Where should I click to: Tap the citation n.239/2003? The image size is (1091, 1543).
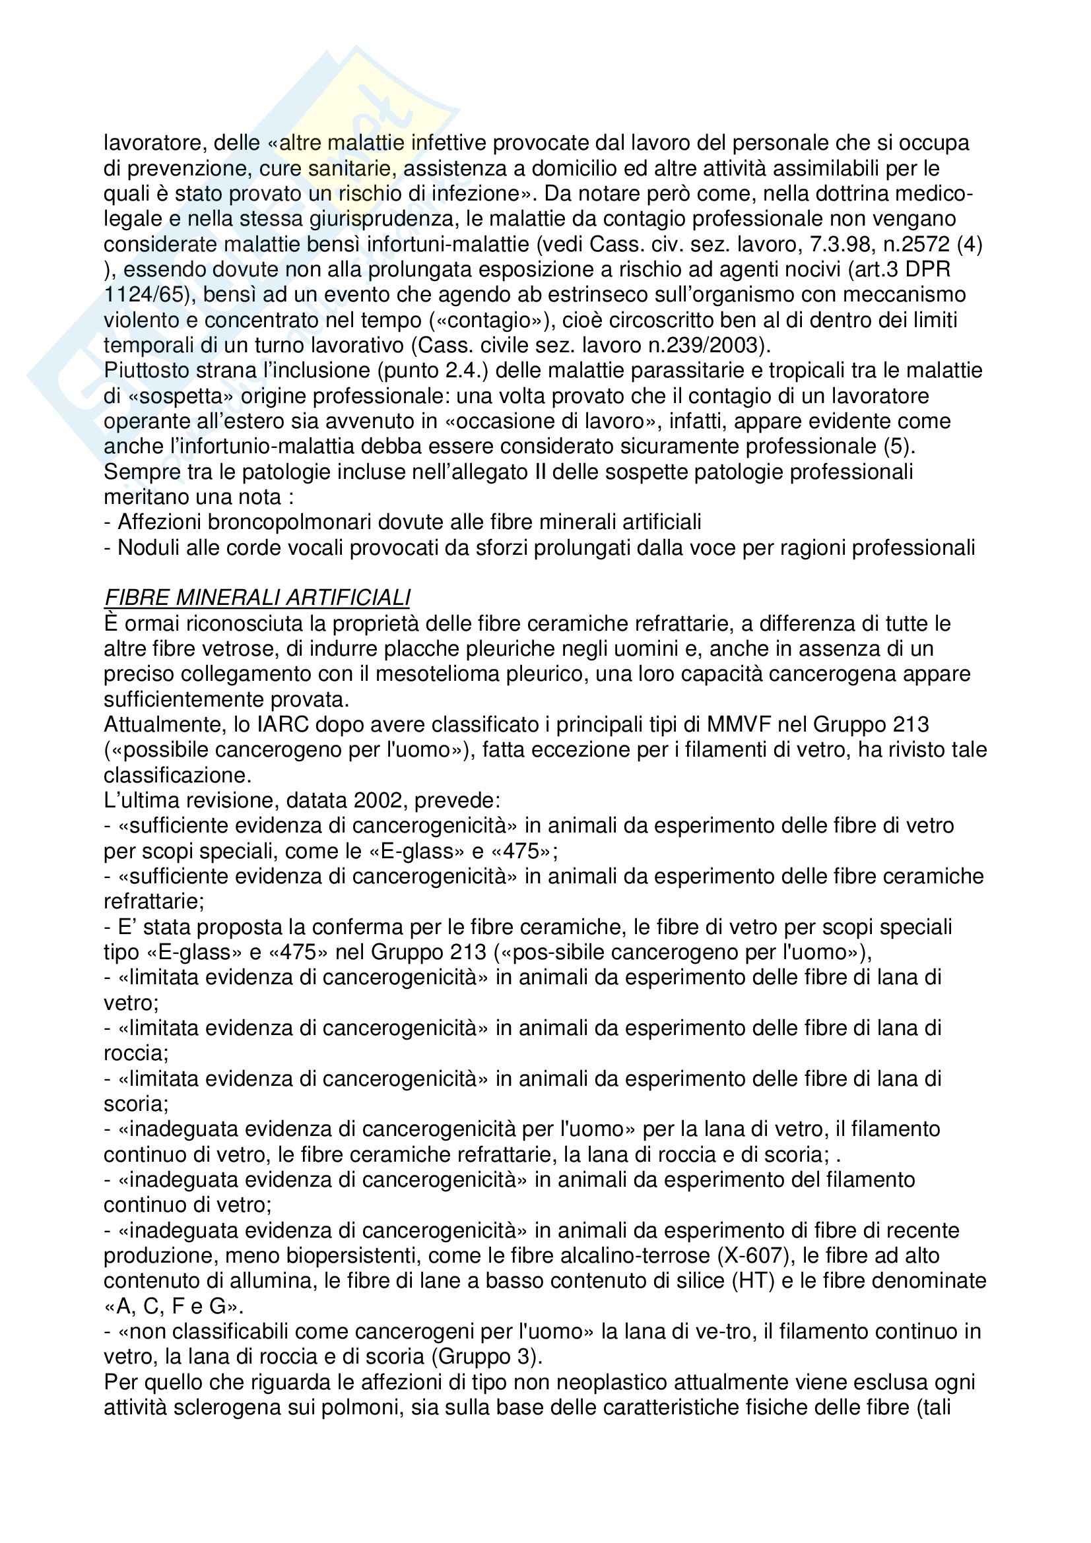pos(690,346)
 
